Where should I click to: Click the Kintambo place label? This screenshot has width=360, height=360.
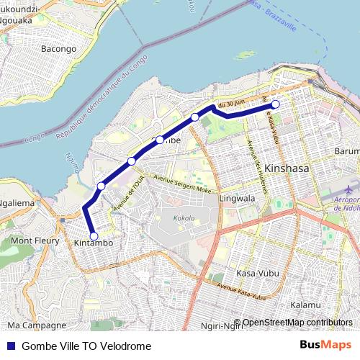point(94,245)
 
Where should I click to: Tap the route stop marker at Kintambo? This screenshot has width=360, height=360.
point(94,235)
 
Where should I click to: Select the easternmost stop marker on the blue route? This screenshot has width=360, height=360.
point(275,105)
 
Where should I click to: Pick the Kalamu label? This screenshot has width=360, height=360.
point(305,305)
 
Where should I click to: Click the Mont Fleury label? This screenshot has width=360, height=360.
point(35,240)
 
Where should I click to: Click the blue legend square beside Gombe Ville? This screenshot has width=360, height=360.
point(11,346)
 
